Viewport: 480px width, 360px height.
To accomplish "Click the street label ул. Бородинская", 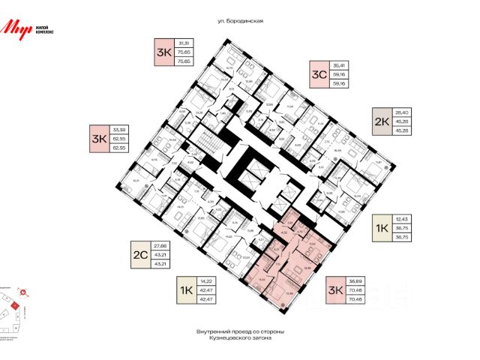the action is [239, 22].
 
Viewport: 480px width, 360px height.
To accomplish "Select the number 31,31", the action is [182, 42].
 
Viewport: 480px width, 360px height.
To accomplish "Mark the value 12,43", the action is [400, 217].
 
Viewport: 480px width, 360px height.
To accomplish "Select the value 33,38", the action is [120, 129].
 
